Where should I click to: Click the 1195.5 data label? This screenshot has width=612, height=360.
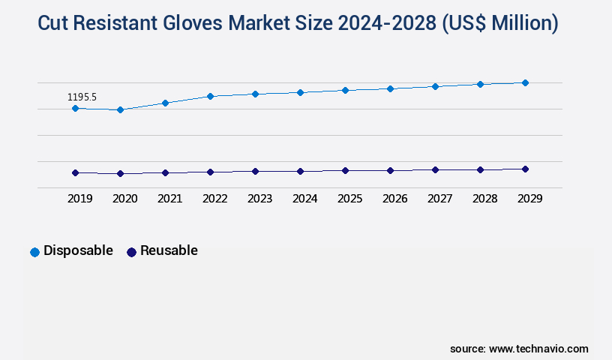point(82,97)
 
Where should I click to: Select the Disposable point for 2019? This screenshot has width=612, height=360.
point(75,108)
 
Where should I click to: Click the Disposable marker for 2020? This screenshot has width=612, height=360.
point(120,110)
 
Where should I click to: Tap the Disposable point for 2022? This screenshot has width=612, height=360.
point(210,96)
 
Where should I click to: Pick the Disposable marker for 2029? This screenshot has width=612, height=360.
point(525,82)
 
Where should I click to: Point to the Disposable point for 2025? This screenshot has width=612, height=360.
point(345,90)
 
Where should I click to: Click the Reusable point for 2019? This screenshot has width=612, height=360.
point(75,172)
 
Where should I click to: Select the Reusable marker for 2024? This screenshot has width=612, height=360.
point(300,171)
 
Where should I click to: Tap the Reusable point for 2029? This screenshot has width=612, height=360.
point(525,169)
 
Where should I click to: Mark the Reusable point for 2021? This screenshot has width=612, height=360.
point(165,172)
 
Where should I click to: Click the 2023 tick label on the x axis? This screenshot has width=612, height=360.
point(259,199)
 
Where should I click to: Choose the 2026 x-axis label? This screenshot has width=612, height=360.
point(394,199)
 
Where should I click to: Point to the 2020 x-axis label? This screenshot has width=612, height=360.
point(124,199)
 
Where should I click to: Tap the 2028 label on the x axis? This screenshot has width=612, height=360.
point(484,199)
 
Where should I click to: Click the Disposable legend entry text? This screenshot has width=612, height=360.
point(78,250)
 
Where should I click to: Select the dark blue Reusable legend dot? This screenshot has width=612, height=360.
point(131,252)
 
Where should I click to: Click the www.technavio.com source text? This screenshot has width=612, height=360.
point(538,349)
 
